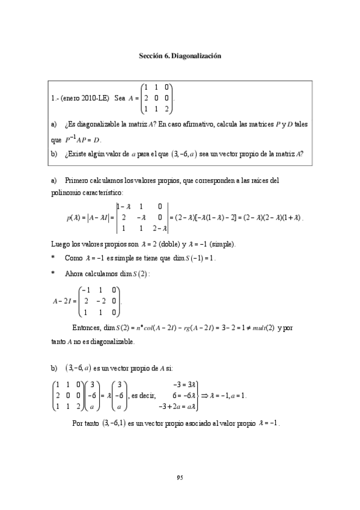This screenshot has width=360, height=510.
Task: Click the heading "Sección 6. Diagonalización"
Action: point(180,55)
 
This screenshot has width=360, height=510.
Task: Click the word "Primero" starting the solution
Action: point(76,180)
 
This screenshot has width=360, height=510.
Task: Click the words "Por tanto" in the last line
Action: point(85,423)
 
